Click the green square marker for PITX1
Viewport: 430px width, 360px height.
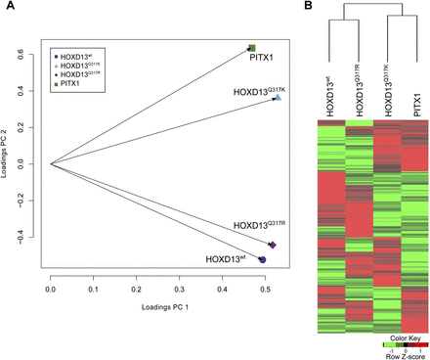coord(251,48)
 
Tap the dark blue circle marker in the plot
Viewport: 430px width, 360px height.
coord(262,260)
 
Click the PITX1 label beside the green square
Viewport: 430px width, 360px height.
coord(261,60)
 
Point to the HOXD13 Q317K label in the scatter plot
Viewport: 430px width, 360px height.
coord(257,91)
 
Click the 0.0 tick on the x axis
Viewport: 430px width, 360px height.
coord(51,291)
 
